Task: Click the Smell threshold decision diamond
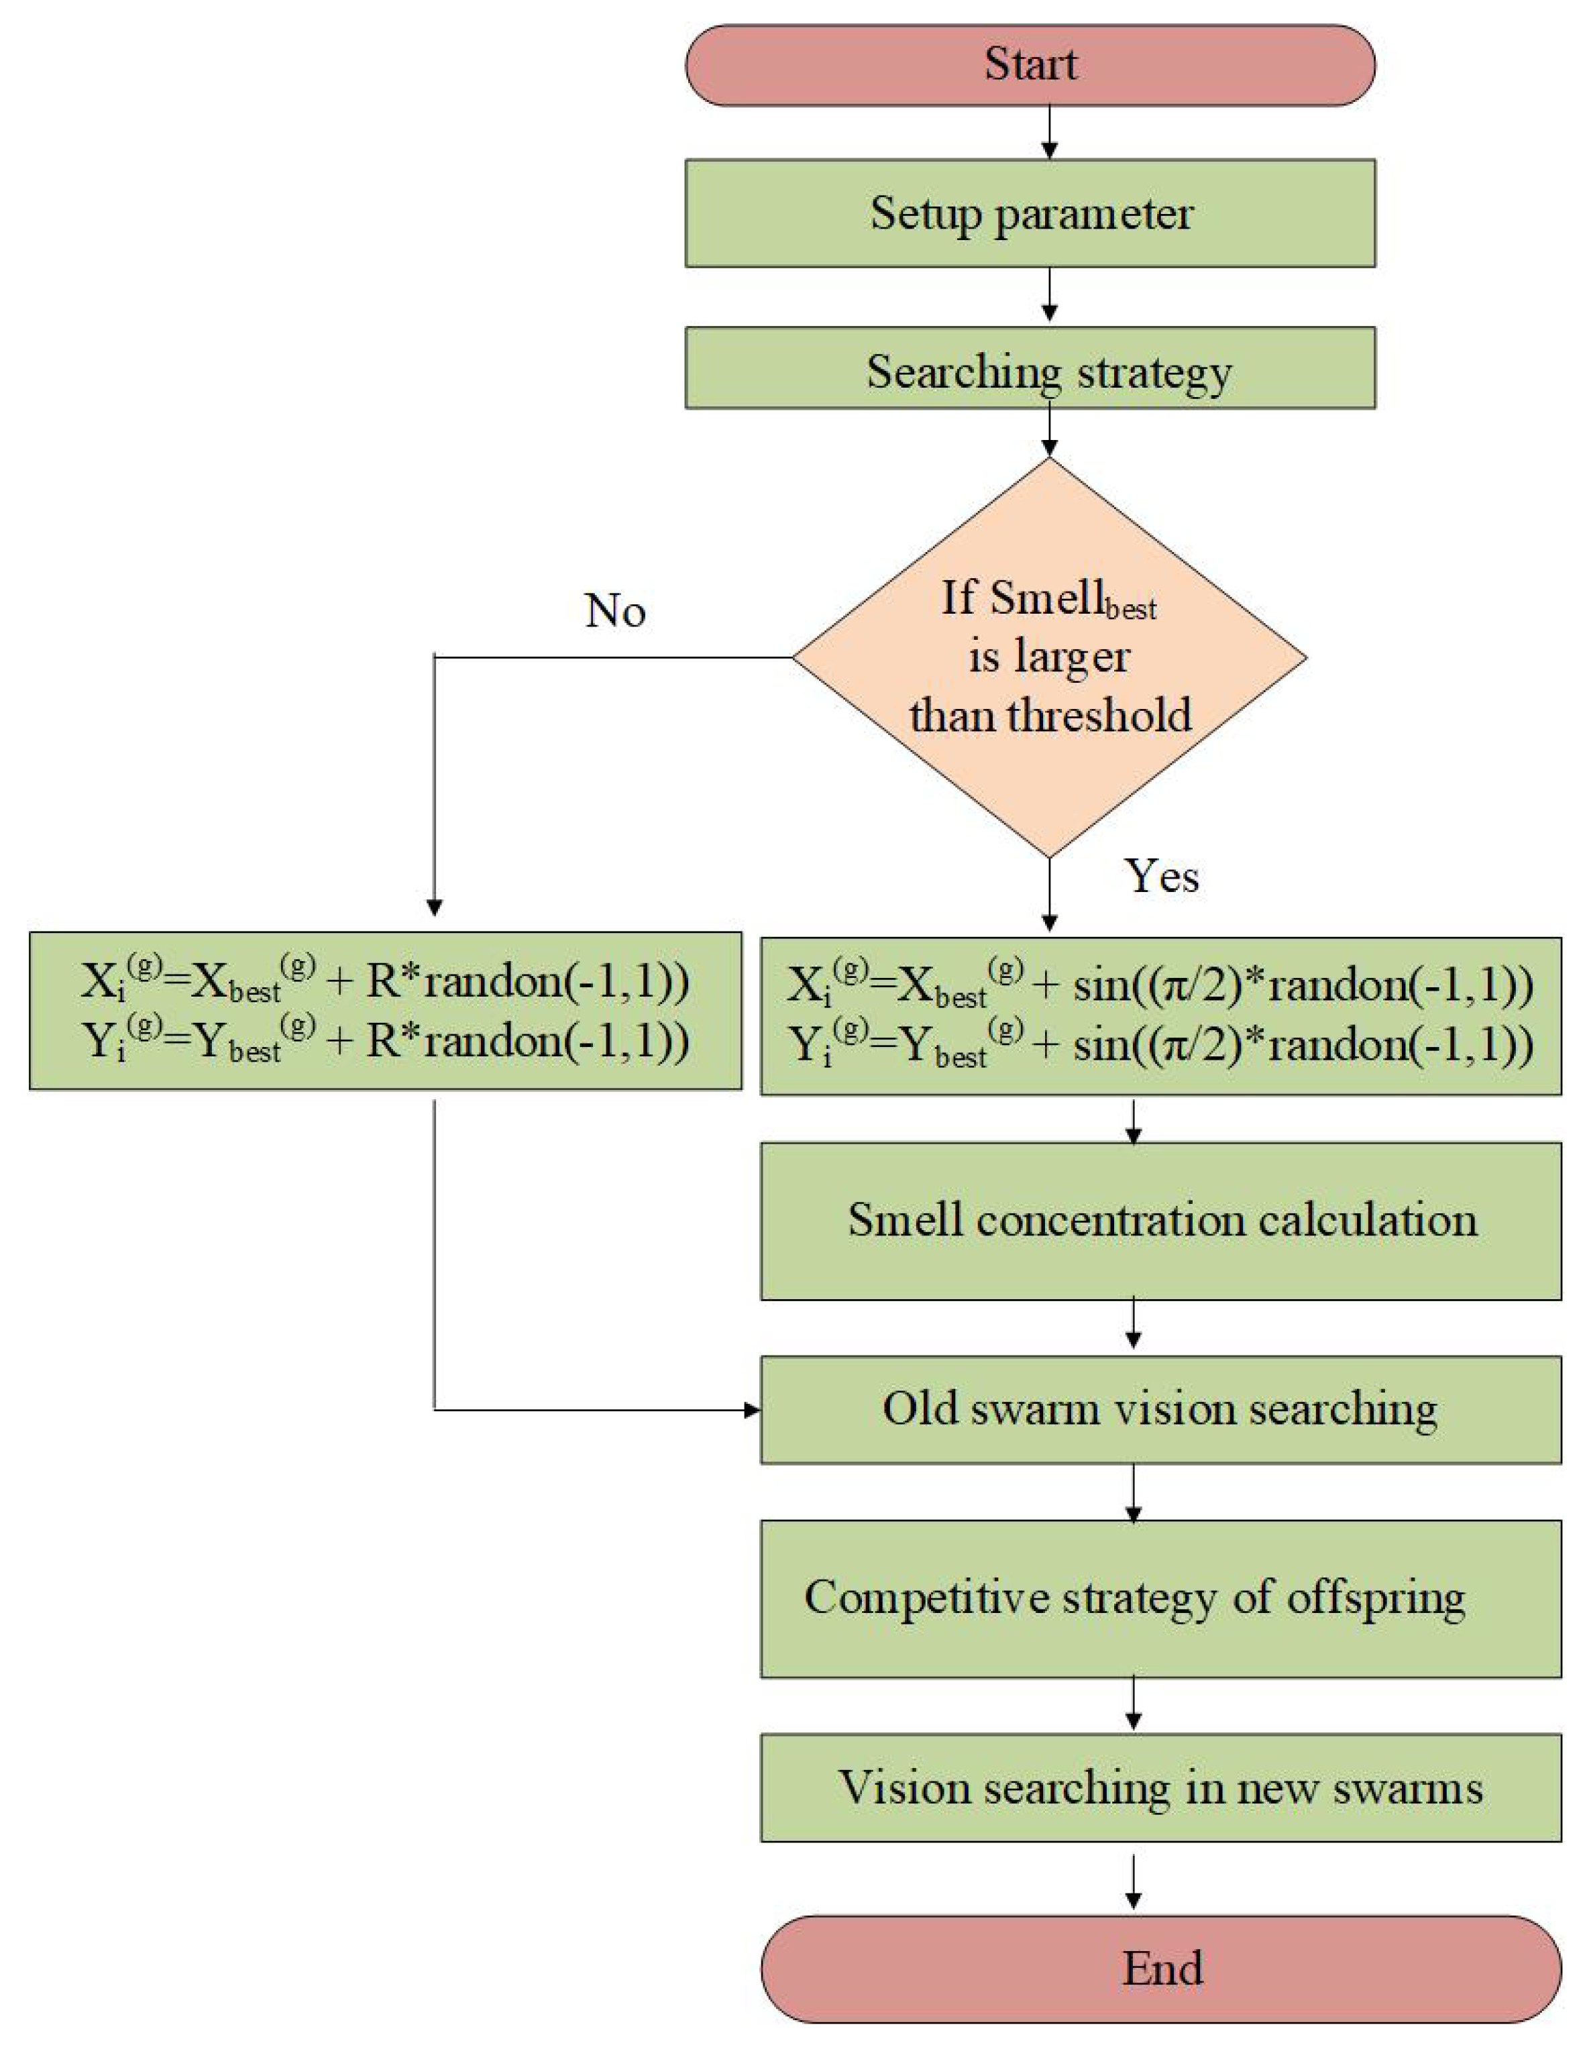point(1049,657)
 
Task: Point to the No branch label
point(615,611)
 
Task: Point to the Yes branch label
point(1161,875)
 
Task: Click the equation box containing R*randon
point(385,1010)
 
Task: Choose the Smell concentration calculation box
point(1160,1220)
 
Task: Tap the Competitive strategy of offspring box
point(1160,1598)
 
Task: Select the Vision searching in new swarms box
point(1160,1787)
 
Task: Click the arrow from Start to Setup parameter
point(1049,132)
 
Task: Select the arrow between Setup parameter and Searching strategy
point(1049,296)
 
